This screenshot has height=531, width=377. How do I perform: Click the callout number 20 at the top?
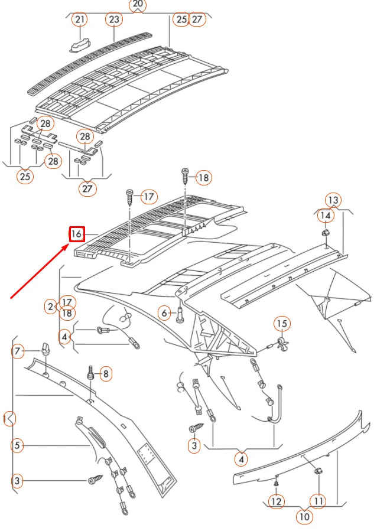(x=137, y=5)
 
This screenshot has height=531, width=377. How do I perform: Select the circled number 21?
(x=79, y=19)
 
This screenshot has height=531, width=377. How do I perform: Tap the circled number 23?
(x=113, y=19)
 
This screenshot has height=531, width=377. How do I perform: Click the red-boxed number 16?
(x=77, y=234)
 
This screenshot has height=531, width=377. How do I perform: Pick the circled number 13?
(x=334, y=200)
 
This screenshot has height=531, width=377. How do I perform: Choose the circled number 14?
(x=325, y=216)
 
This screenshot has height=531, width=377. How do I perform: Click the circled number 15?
(x=282, y=323)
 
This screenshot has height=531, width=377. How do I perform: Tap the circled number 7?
(x=18, y=352)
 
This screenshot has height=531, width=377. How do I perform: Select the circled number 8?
(x=105, y=373)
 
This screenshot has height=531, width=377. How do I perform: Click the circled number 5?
(x=18, y=445)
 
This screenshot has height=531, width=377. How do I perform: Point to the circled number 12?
(x=276, y=501)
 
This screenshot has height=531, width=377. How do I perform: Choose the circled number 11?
(x=318, y=501)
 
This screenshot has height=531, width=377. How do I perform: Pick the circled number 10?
(x=304, y=516)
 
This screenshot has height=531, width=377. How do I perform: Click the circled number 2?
(x=51, y=306)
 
